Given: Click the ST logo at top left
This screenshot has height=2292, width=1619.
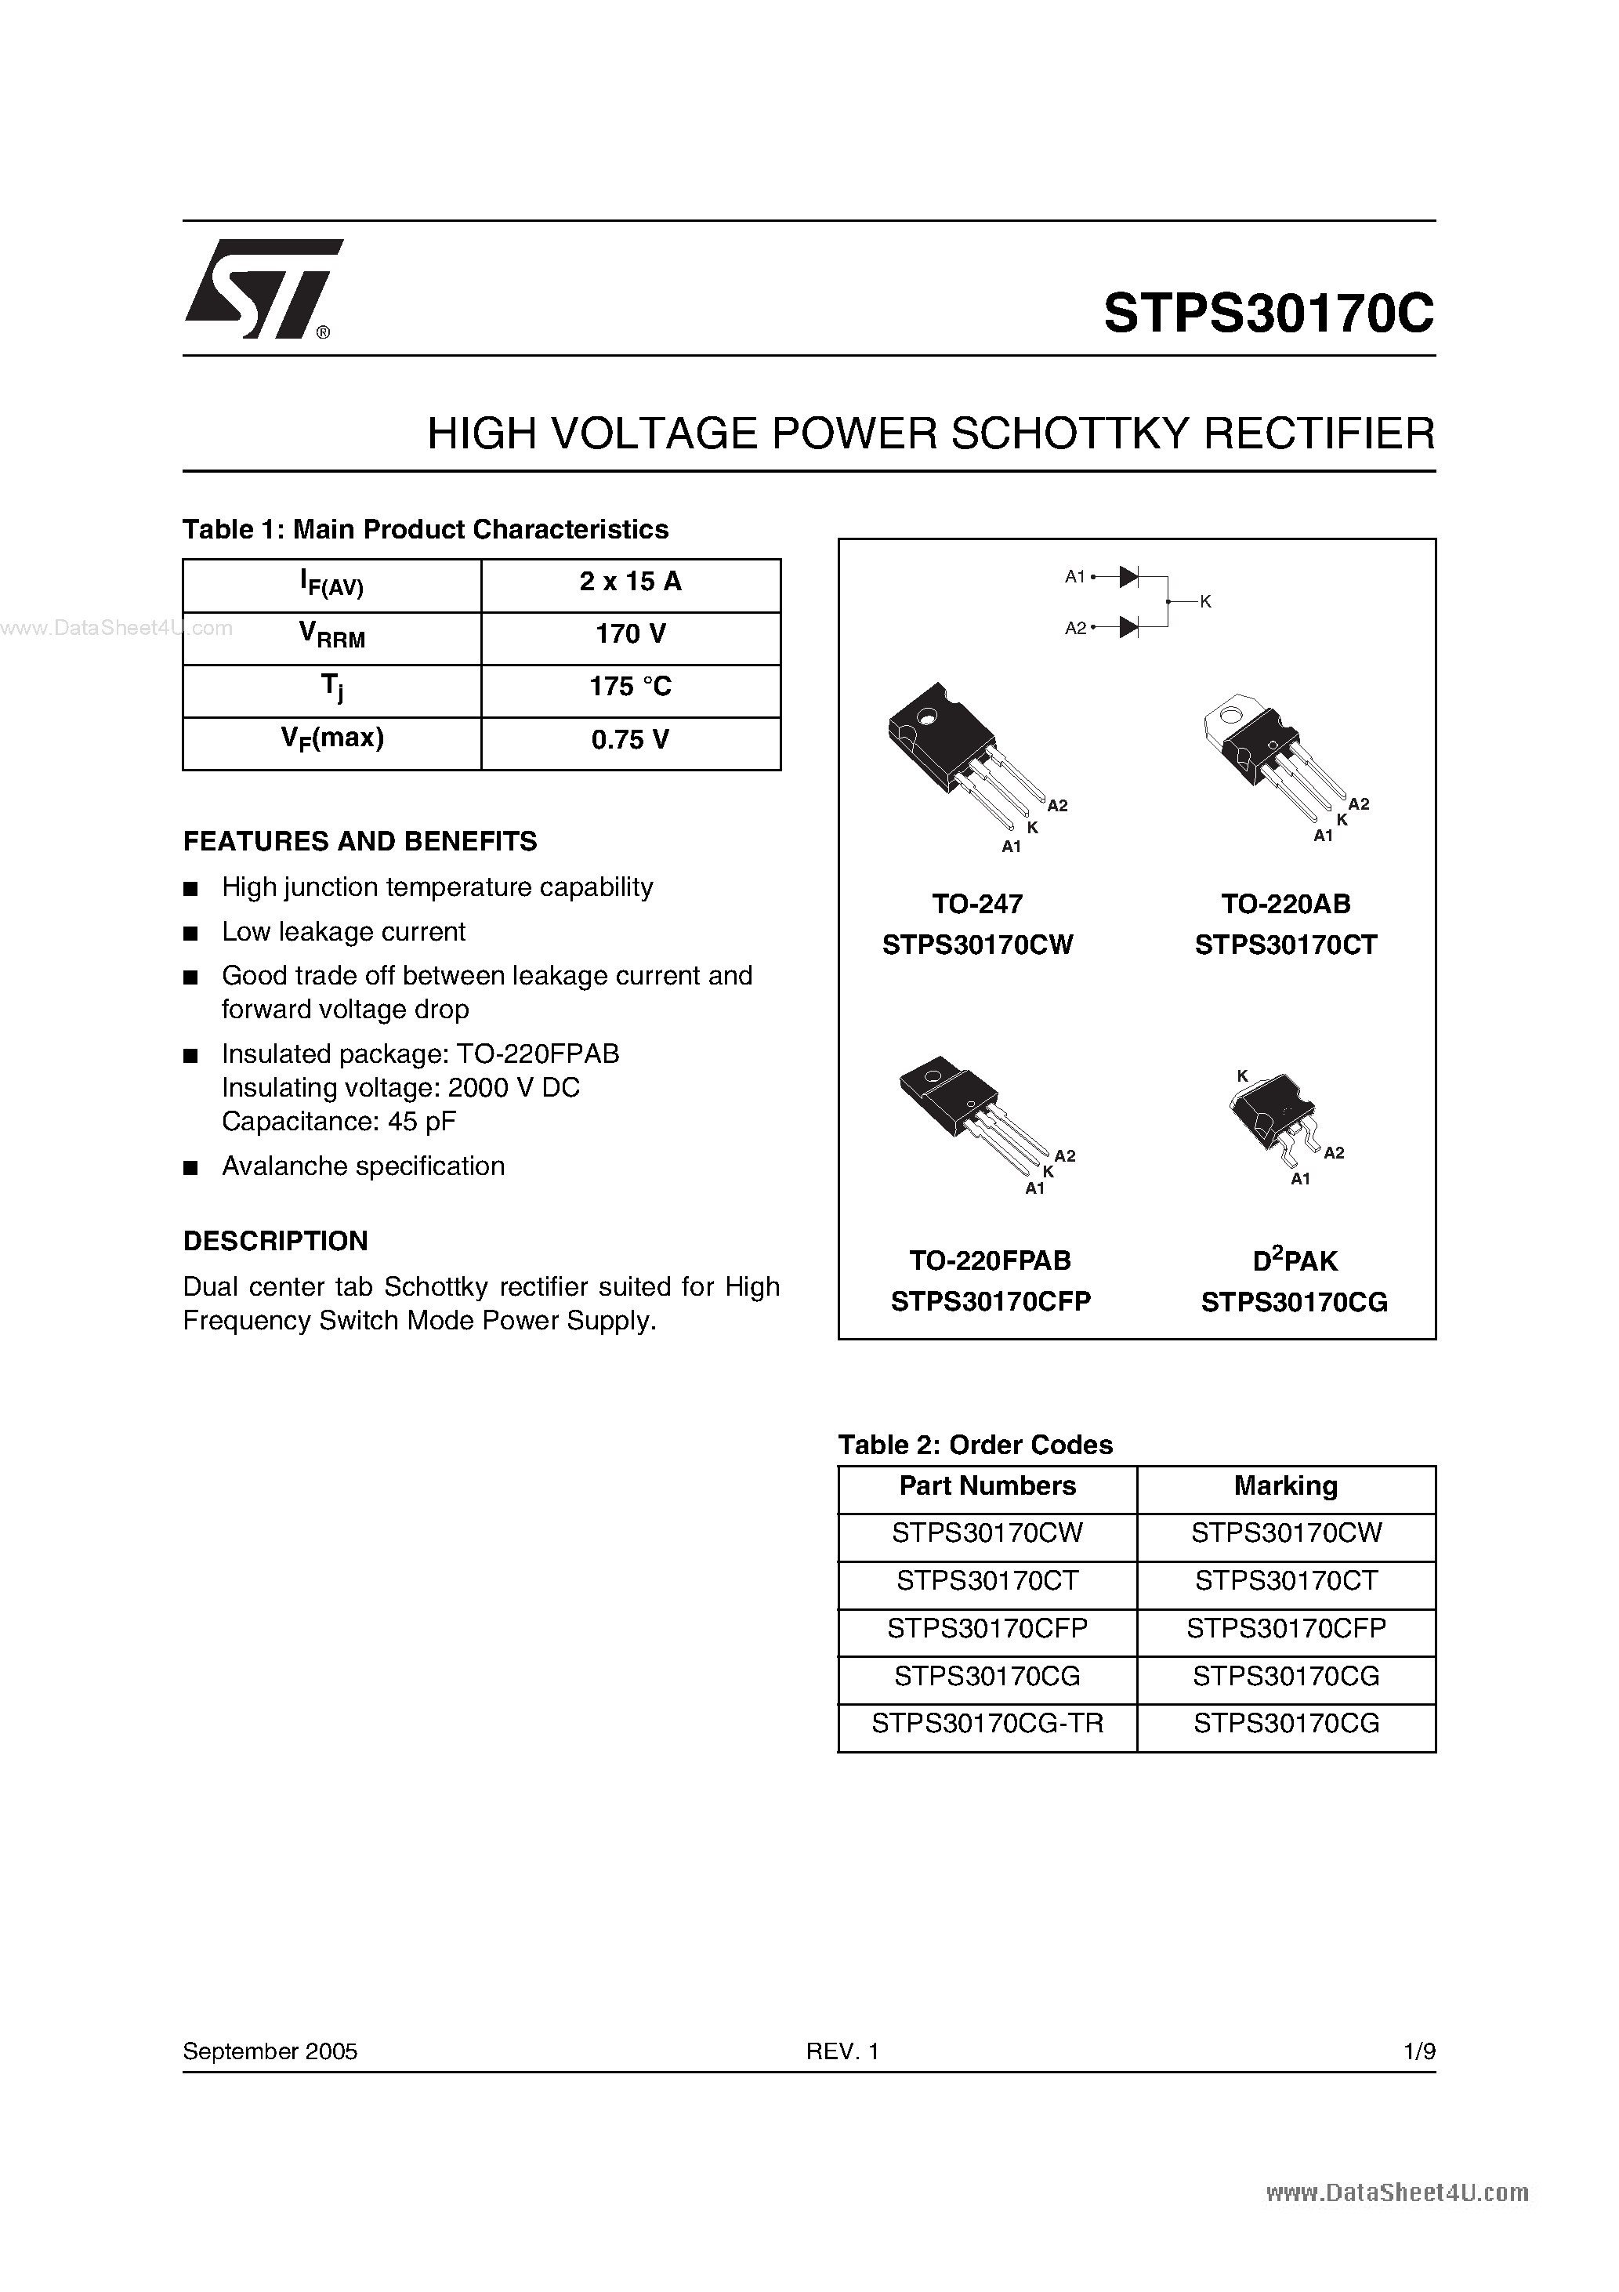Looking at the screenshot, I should (262, 289).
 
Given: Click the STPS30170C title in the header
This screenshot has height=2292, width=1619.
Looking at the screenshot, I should (1269, 314).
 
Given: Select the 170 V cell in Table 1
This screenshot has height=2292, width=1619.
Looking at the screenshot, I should (630, 635).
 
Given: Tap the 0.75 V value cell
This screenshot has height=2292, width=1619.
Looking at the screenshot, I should (630, 741).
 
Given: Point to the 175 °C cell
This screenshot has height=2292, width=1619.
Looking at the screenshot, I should (630, 687).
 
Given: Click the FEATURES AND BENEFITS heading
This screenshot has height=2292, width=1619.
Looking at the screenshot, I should (360, 842).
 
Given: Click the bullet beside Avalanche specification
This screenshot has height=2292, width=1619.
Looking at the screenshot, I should (190, 1168).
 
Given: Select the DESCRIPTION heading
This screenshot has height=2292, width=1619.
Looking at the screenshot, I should (276, 1241).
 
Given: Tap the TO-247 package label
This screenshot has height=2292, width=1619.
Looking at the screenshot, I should (977, 905).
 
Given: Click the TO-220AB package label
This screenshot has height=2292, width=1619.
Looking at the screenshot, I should (1286, 905).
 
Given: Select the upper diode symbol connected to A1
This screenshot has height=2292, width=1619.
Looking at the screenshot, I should (1129, 576).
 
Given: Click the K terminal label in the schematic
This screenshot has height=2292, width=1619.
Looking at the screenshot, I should (1206, 602).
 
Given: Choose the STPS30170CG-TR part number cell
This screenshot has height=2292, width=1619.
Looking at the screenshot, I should (987, 1724).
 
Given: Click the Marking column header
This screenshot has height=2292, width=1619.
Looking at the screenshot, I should (1286, 1486).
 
